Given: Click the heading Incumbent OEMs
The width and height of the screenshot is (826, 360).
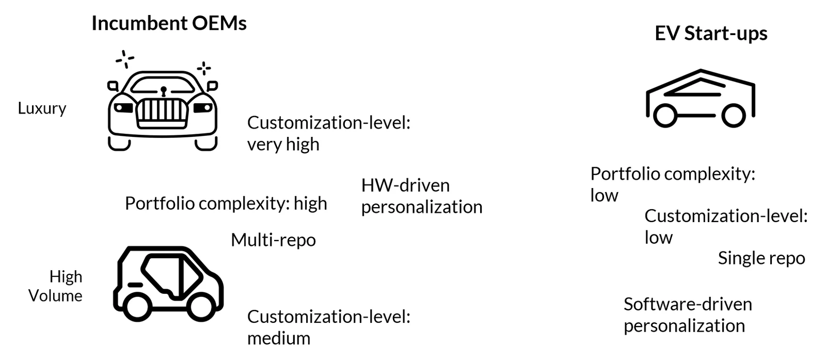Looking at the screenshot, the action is pos(169,23).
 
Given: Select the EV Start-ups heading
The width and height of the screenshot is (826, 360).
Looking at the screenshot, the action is pos(711,34).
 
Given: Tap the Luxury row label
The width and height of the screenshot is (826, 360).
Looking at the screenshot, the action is pos(42,108).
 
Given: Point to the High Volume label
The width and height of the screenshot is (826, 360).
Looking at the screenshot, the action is pos(55,286).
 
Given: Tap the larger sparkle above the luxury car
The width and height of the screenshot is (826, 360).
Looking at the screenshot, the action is pos(124,59).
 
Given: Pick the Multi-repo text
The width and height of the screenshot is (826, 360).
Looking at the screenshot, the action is pos(273,240).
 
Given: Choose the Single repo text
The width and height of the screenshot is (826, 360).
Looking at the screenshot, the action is pos(761,258).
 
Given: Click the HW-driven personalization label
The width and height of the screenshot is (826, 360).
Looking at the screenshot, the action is pos(422,196).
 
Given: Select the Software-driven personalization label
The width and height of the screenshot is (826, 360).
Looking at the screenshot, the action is pos(688,315).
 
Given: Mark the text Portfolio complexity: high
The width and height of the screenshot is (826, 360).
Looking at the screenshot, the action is pos(226,204).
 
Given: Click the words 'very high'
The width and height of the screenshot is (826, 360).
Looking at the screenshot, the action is pos(283,144).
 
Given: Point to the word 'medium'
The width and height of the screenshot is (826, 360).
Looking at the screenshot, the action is pos(279,339).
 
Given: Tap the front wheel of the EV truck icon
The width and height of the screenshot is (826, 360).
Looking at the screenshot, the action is pos(734,116).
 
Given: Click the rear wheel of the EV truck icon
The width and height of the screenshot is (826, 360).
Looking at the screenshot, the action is pos(665,116).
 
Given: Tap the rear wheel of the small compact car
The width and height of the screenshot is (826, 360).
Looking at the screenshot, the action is pos(137,307).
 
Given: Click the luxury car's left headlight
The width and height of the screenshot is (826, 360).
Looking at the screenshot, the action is pos(123,108).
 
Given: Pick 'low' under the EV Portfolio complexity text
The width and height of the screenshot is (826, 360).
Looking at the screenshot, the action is pos(604,195).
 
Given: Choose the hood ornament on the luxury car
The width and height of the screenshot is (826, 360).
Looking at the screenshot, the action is pos(163,91).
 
